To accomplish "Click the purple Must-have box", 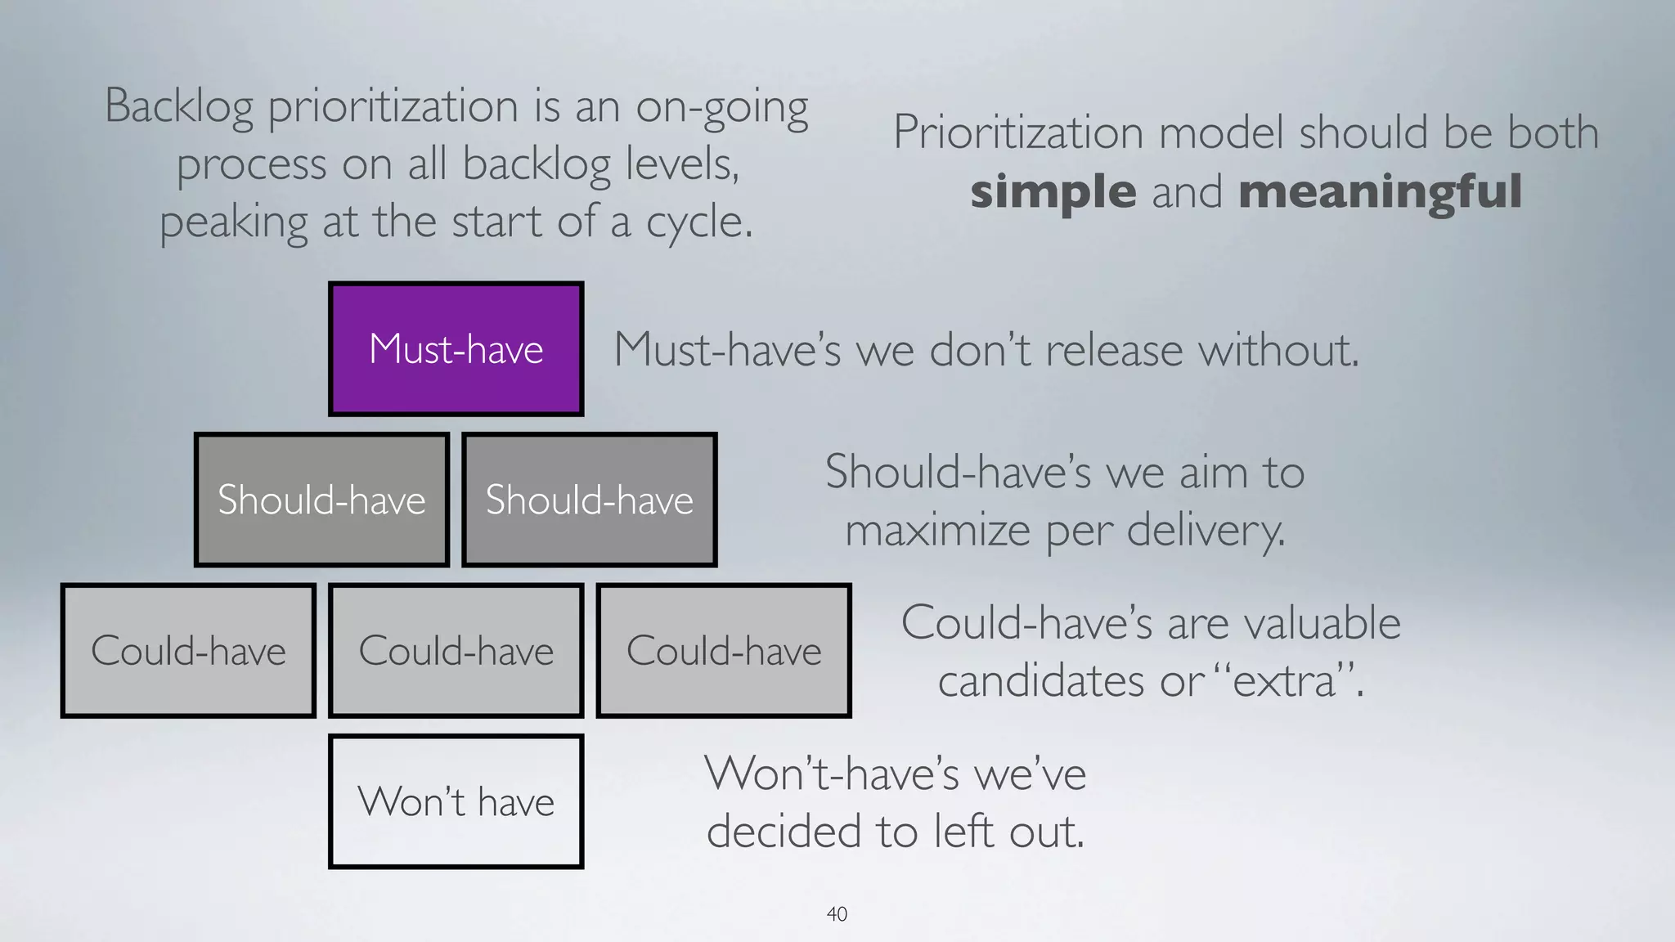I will click(456, 349).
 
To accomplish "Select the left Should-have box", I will click(321, 500).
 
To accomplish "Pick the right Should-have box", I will click(589, 500).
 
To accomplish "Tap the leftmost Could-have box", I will click(188, 651).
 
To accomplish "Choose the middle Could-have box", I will click(456, 651).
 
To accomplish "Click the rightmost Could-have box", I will click(724, 651).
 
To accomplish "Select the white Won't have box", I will click(456, 801).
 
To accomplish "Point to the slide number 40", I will click(837, 914).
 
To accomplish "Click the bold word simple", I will click(1053, 191).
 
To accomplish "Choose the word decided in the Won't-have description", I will click(784, 832).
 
